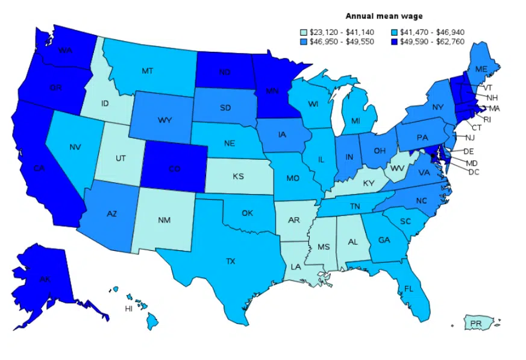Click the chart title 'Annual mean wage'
coord(384,16)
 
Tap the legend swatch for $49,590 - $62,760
coord(401,43)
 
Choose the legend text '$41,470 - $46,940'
coord(437,33)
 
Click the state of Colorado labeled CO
coord(174,169)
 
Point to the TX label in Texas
coord(230,261)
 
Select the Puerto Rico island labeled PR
coord(476,324)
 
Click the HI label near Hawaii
coord(128,308)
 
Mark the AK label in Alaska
coord(45,279)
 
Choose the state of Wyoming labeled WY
coord(165,120)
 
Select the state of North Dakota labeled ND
coord(225,72)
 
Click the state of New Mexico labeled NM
coord(164,220)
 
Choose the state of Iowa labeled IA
coord(282,134)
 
